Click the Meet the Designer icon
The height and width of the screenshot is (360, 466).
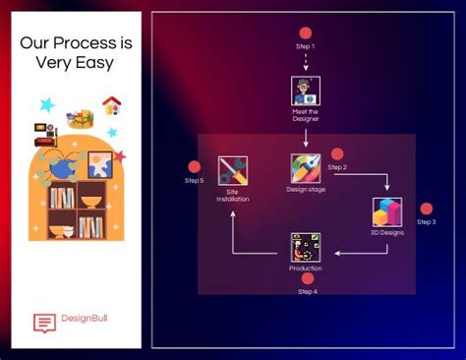(x=306, y=91)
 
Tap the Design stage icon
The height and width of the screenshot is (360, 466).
(x=306, y=168)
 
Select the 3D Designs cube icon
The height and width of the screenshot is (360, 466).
(x=387, y=211)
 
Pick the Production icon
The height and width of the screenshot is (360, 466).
(x=306, y=248)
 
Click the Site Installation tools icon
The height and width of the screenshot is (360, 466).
(x=233, y=170)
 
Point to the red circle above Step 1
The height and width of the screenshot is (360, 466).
(x=306, y=32)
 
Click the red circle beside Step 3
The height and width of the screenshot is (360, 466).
(x=427, y=209)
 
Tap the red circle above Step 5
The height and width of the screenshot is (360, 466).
(x=195, y=167)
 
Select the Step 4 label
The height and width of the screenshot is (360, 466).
(x=307, y=292)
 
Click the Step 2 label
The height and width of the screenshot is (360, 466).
(x=337, y=167)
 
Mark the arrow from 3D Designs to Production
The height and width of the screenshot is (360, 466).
(x=359, y=253)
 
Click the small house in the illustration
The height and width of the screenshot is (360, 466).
(x=111, y=105)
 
